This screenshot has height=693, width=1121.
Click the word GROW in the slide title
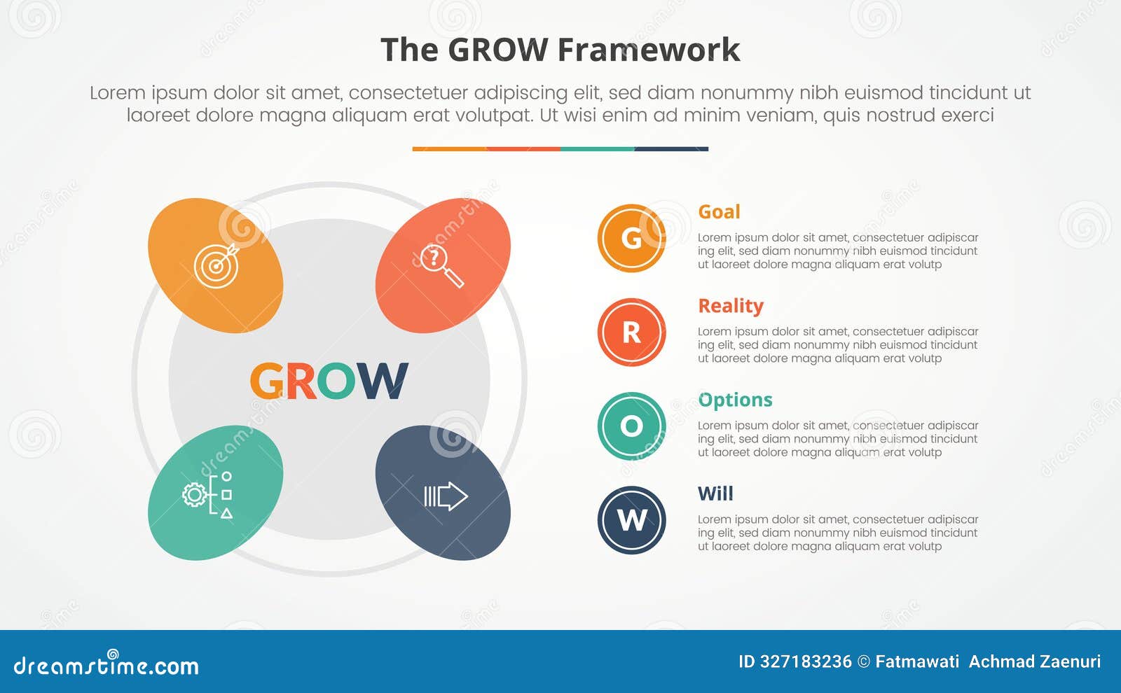coord(497,50)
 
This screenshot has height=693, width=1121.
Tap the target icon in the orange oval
coord(216,265)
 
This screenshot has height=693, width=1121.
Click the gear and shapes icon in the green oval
coord(207,494)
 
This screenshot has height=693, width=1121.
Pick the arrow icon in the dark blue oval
coord(445,496)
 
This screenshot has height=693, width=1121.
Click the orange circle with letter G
coord(631,238)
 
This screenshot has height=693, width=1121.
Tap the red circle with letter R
coord(631,332)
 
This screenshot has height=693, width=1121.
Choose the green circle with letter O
coord(631,426)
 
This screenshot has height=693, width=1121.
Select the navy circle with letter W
coord(631,520)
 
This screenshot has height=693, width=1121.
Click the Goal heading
coord(719,211)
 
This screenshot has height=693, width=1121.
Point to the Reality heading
coord(731,306)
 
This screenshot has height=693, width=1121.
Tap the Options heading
coord(735,400)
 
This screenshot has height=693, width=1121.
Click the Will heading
coord(715,493)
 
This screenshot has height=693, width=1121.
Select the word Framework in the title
coord(649,50)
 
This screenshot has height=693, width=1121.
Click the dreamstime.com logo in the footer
coord(106,664)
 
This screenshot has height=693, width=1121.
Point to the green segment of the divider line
coord(597,149)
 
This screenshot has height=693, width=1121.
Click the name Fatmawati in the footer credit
coord(917,661)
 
